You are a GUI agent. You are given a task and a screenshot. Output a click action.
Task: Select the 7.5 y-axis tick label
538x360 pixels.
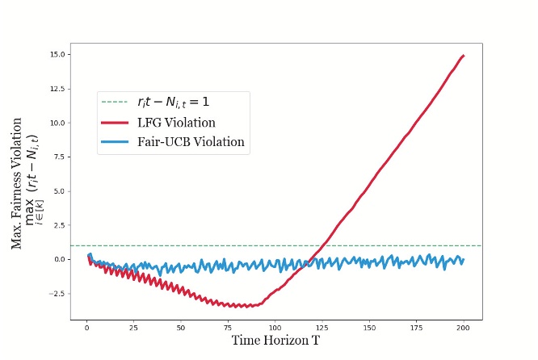[x=61, y=157]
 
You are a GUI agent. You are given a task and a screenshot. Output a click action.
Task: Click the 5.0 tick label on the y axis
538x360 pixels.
[x=61, y=191]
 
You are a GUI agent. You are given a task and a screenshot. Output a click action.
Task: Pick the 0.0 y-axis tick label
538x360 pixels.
[x=61, y=259]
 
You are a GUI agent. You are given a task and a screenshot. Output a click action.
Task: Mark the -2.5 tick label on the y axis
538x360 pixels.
[x=59, y=293]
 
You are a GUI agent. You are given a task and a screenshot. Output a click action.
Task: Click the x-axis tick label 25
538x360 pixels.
[x=133, y=328]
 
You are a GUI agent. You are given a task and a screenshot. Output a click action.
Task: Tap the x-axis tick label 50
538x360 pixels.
[x=180, y=328]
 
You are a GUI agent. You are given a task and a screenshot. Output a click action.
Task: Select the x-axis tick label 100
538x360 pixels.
[x=275, y=328]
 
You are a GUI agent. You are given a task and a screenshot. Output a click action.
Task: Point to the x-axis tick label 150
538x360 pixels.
[x=369, y=328]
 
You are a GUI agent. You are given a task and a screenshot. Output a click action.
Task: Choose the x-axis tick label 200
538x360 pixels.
[x=464, y=328]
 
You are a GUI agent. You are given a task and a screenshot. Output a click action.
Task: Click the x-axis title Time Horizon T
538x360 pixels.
[x=275, y=341]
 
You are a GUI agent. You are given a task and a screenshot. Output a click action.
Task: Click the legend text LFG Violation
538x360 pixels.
[x=175, y=123]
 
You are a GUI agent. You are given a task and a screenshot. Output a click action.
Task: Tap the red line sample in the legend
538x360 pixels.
[x=114, y=123]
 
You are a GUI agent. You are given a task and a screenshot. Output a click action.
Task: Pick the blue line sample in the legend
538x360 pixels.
[x=114, y=143]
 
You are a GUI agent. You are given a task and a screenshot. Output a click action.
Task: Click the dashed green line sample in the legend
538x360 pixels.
[x=114, y=103]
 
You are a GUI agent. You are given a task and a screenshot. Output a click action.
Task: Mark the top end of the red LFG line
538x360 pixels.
[x=464, y=56]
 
